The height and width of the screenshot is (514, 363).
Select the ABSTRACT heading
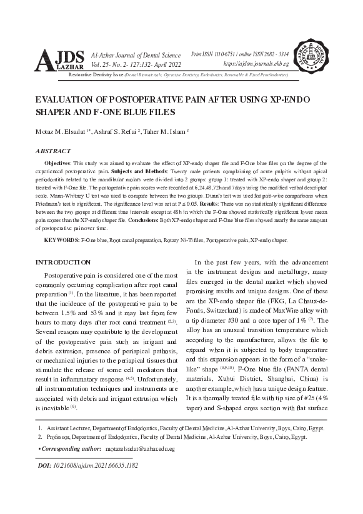52,151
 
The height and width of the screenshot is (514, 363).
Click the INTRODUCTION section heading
67,261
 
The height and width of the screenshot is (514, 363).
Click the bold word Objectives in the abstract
59,161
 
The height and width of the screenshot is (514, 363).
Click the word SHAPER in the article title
58,112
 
